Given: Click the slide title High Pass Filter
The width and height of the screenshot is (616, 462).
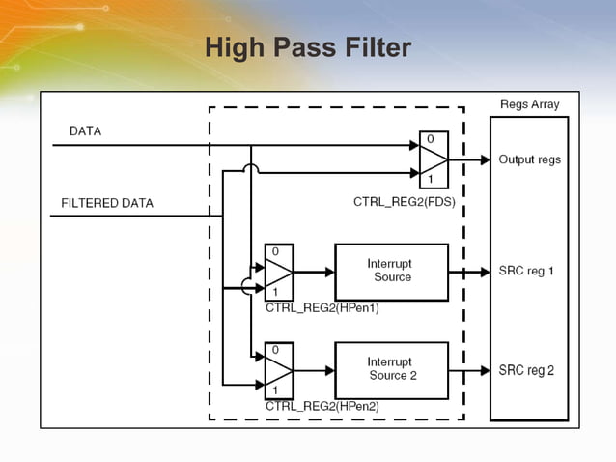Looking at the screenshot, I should [308, 47].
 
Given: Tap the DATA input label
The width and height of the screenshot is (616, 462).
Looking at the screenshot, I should [85, 130].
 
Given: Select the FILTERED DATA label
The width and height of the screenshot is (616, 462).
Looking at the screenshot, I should [107, 204].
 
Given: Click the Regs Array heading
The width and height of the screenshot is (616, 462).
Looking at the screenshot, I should [529, 104].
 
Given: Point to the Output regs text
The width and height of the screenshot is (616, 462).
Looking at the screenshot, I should [529, 159].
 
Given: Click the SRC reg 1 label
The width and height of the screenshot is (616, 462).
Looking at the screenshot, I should [526, 272].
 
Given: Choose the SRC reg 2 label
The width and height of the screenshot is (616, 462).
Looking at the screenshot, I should [526, 370].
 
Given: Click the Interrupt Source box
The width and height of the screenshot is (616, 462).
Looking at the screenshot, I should [391, 271].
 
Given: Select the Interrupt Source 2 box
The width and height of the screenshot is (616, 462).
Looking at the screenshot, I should [391, 369].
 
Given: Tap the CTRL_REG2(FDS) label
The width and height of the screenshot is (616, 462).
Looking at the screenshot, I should [404, 203].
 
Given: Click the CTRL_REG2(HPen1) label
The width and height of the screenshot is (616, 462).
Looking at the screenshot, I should [322, 308].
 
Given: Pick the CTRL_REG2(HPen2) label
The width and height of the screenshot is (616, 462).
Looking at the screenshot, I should [322, 407].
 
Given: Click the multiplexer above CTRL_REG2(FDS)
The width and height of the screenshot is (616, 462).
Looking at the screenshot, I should [434, 159].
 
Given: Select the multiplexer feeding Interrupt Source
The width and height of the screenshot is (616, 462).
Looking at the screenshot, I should [278, 272].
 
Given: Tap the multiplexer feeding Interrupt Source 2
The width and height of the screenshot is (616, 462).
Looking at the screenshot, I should [278, 370].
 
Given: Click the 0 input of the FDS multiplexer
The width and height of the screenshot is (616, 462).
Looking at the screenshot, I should [430, 140].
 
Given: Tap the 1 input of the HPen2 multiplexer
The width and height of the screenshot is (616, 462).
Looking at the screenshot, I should [275, 390].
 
